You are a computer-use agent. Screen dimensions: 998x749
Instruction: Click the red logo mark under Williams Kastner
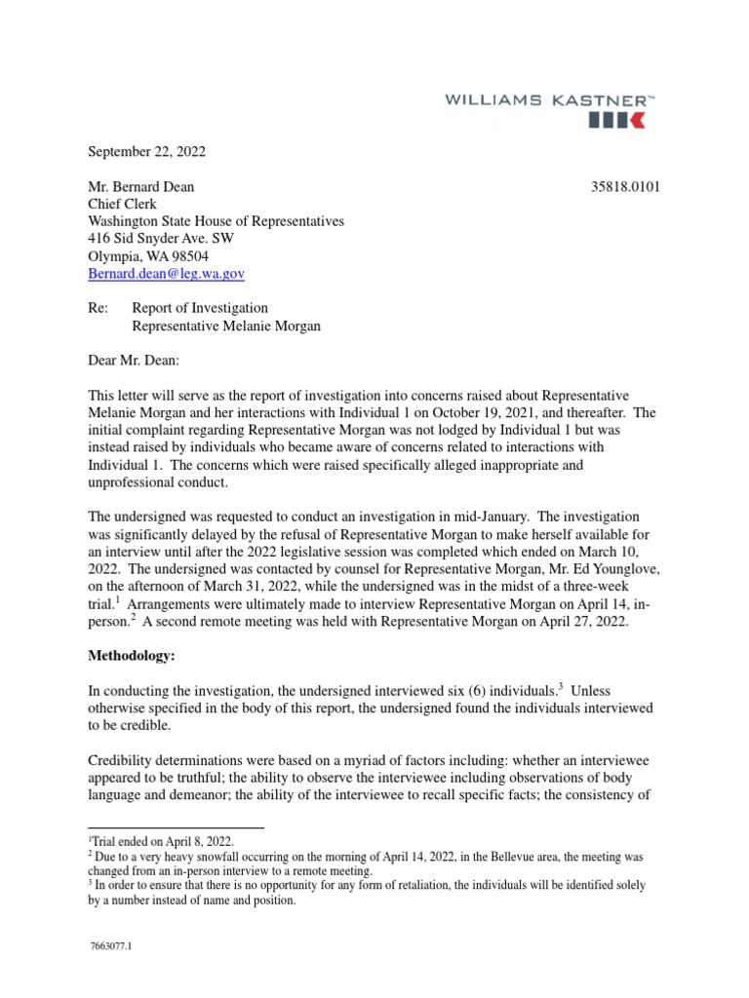(x=615, y=120)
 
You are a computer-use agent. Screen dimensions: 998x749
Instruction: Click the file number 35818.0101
(x=626, y=186)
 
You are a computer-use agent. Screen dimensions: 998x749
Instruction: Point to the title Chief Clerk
(x=123, y=204)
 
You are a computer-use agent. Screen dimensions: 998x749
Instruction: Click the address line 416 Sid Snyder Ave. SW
(x=161, y=239)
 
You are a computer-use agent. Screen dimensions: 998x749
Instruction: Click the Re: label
(x=99, y=309)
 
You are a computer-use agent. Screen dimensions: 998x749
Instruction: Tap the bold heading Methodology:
(x=132, y=658)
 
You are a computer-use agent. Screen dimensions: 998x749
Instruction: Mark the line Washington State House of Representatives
(x=217, y=221)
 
